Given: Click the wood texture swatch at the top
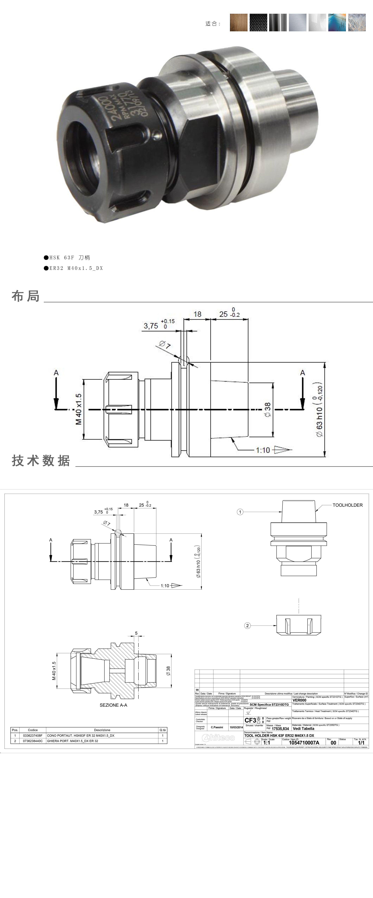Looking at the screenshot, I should [x=238, y=23].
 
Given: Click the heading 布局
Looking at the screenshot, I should [x=26, y=296].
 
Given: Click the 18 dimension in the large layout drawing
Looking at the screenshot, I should [x=197, y=314].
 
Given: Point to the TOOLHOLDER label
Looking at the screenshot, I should [x=347, y=505].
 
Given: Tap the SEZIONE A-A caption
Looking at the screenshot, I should [x=113, y=705].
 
